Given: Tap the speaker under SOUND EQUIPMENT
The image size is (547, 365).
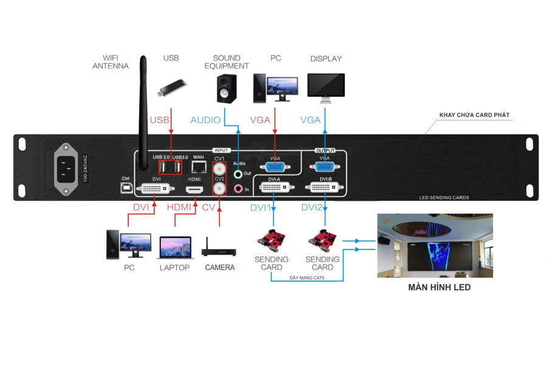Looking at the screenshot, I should click(x=225, y=89).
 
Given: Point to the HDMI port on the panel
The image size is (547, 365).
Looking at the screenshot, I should click(x=195, y=190).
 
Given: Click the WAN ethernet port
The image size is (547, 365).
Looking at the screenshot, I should click(x=198, y=167).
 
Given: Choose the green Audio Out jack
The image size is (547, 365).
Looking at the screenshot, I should click(x=238, y=174).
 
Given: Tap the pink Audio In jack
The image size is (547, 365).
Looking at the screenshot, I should click(x=238, y=189).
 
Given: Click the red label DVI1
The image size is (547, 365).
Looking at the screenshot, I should click(x=261, y=208).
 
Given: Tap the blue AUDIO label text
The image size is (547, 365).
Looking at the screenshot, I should click(x=205, y=120).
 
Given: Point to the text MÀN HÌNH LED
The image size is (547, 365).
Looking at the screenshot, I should click(x=439, y=287).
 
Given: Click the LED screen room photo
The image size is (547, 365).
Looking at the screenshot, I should click(x=435, y=245).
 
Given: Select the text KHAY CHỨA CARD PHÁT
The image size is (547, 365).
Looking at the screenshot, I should click(x=474, y=114).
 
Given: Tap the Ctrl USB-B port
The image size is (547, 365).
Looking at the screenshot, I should click(x=126, y=189).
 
